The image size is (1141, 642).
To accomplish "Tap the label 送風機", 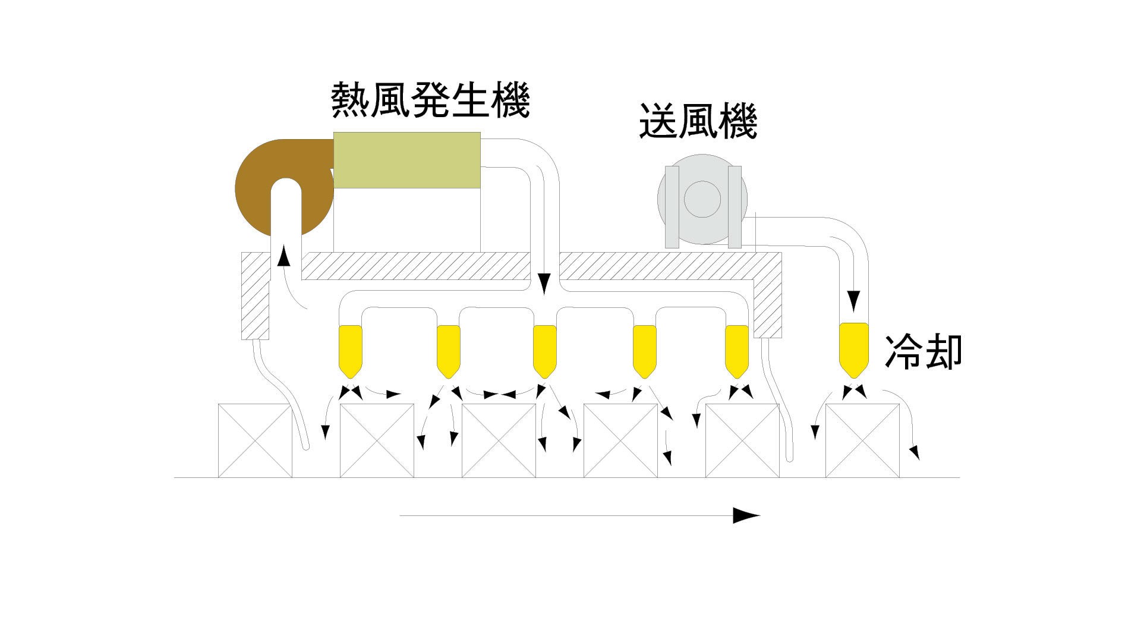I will tap(698, 122).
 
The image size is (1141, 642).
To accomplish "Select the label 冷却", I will tap(923, 352).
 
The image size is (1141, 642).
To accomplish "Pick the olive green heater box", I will tap(407, 160).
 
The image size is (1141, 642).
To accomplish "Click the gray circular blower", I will tap(702, 200).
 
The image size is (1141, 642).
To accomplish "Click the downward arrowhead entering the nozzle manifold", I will tap(544, 284).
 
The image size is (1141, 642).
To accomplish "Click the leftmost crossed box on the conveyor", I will tap(255, 440).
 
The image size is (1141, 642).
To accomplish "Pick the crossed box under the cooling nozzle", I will tap(862, 440).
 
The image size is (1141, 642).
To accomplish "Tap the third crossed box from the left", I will tap(499, 440).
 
